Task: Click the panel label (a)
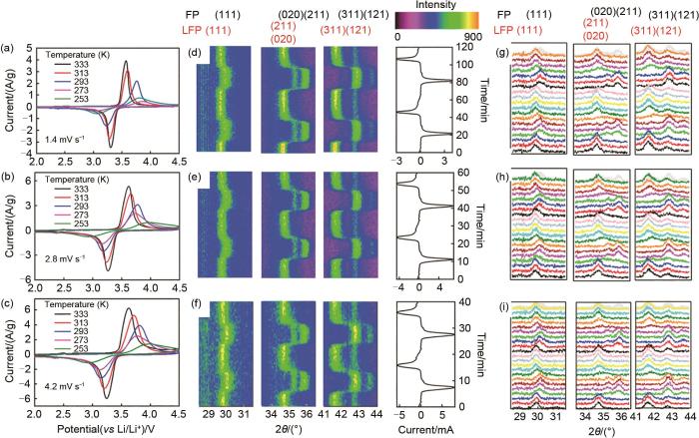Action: tap(9, 49)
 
